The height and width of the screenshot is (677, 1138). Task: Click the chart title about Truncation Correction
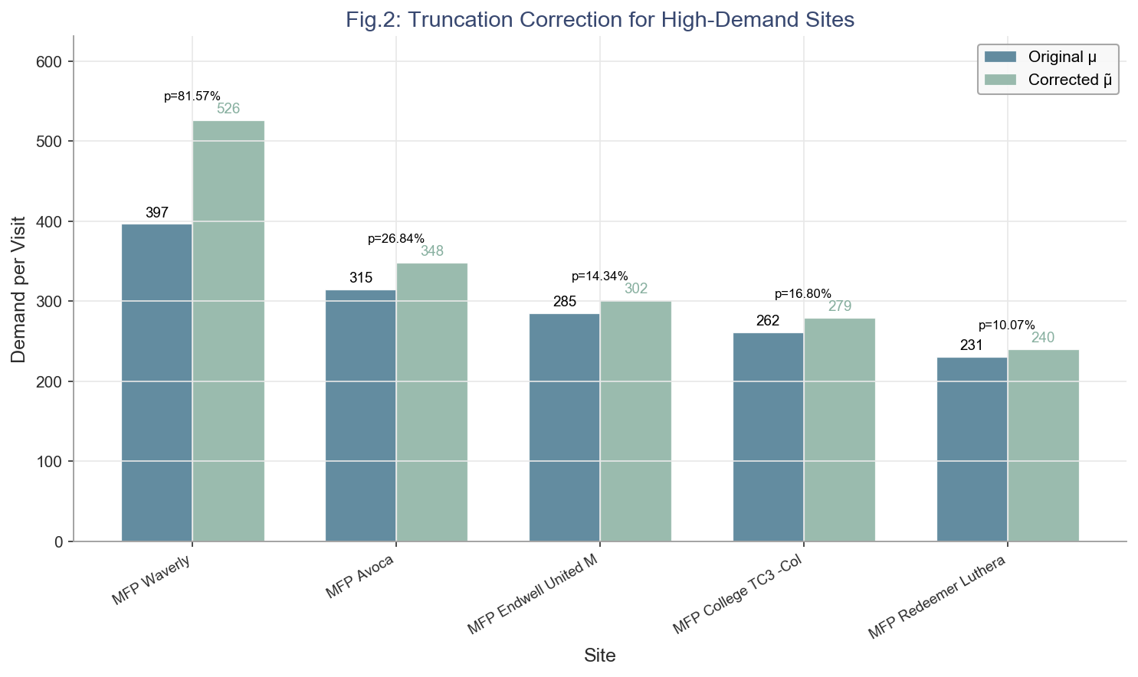coord(600,19)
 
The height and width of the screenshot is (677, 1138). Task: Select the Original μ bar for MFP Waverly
coord(157,382)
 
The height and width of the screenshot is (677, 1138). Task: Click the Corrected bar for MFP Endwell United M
coord(636,420)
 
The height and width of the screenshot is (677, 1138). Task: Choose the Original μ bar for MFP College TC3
coord(768,437)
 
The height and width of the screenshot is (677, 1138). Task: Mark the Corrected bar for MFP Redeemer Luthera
coord(1043,445)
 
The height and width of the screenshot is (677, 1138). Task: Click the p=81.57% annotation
coord(192,96)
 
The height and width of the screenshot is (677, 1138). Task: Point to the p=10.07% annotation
coord(1007,325)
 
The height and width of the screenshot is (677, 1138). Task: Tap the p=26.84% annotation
coord(396,239)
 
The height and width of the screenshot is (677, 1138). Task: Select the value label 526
coord(228,109)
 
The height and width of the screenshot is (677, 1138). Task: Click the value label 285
coord(565,302)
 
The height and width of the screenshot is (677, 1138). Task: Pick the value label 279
coord(840,306)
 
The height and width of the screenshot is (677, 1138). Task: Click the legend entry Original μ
coord(1062,57)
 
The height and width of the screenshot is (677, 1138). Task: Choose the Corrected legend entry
coord(1070,80)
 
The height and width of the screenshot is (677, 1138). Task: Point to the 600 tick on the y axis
coord(51,62)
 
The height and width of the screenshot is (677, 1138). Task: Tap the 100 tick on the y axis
coord(51,462)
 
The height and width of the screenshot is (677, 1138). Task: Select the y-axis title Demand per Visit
coord(18,289)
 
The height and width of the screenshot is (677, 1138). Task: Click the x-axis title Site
coord(600,656)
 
